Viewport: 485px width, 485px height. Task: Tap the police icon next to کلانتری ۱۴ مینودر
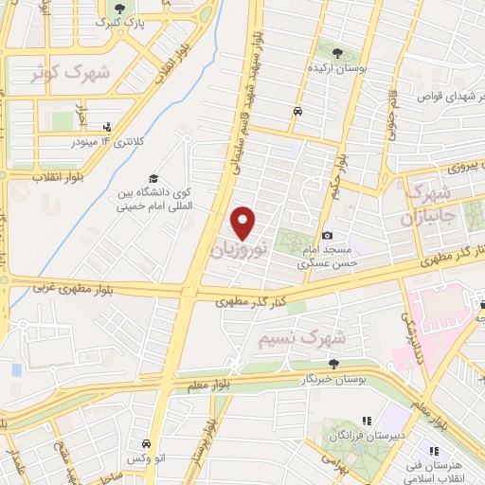coord(106,127)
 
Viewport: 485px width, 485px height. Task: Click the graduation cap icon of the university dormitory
coord(152,178)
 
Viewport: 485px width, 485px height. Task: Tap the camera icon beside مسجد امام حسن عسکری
coord(328,235)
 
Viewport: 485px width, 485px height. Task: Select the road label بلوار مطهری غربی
coord(76,286)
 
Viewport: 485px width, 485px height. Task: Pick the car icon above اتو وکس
coord(147,443)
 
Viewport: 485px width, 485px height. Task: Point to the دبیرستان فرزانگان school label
coord(354,434)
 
